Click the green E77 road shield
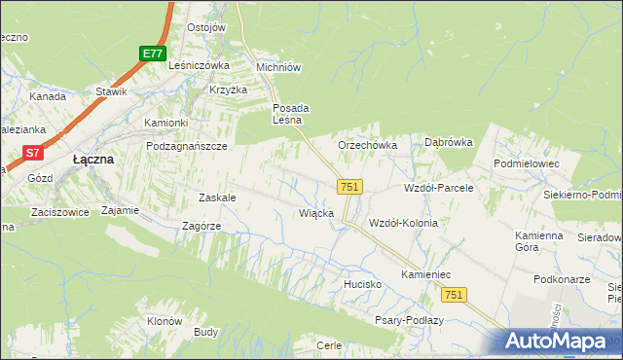151,54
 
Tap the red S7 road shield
33,153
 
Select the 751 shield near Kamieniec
453,294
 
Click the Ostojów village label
205,27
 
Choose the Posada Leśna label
290,114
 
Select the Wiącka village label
317,212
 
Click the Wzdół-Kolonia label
403,223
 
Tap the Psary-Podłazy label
409,320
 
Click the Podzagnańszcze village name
186,145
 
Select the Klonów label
165,321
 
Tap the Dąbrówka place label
448,142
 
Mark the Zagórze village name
202,226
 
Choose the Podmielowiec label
527,164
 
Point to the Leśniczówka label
199,65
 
